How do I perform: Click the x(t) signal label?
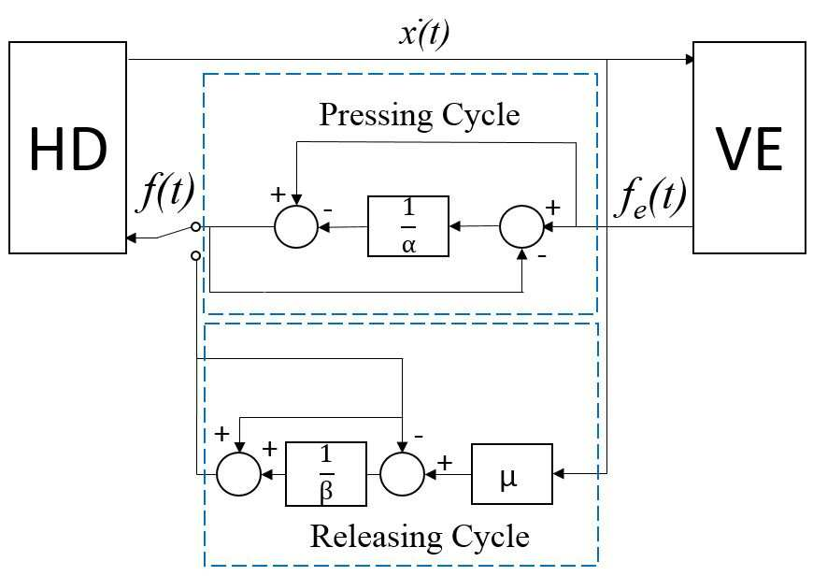[x=424, y=35]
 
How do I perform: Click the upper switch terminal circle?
[x=195, y=227]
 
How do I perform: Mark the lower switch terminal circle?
[x=195, y=256]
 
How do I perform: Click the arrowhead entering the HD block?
[x=132, y=238]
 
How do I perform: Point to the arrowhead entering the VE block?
[x=690, y=59]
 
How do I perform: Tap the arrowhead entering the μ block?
[x=559, y=474]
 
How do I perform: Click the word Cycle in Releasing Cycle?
[x=491, y=537]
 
